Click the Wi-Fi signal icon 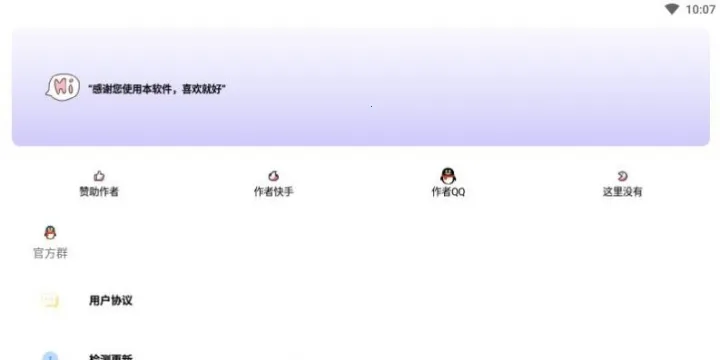coord(672,9)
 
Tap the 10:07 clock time coord(700,9)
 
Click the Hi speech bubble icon coord(62,88)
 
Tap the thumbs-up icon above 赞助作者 coord(99,176)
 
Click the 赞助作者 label coord(99,192)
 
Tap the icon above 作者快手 coord(274,176)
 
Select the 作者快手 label coord(274,192)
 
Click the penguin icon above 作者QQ coord(448,176)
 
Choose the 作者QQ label coord(448,192)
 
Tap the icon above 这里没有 coord(622,176)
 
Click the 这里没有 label coord(622,192)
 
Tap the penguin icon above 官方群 coord(50,233)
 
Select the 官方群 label coord(50,254)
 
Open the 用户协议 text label coord(111,300)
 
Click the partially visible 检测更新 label coord(111,357)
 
